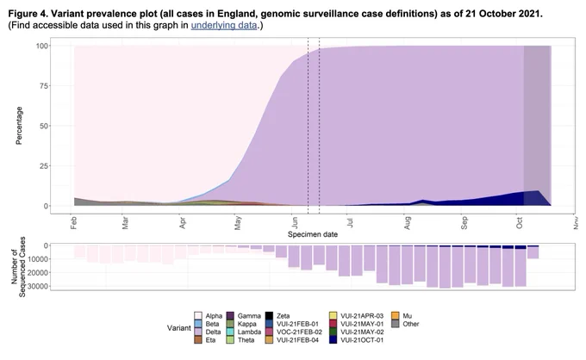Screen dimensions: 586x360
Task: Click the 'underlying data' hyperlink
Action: coord(224,25)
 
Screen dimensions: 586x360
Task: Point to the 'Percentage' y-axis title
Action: coord(19,126)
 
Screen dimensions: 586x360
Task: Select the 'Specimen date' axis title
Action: coord(313,234)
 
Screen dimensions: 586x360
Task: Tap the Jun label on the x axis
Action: coord(295,223)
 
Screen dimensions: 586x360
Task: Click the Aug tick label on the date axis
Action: coord(408,223)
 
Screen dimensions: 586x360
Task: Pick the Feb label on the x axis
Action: coord(73,223)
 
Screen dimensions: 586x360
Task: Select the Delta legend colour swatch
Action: coord(198,332)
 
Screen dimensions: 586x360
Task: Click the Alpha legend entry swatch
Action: coord(198,316)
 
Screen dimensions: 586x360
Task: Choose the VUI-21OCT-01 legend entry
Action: coord(357,340)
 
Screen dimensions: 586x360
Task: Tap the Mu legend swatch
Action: coord(396,316)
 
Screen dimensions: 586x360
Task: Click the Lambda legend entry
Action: coord(244,332)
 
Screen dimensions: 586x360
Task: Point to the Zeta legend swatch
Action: coord(269,316)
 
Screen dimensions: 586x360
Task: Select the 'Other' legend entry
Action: coord(406,324)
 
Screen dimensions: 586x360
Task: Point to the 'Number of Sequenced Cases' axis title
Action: coord(18,267)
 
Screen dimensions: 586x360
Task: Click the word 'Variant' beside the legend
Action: coord(179,328)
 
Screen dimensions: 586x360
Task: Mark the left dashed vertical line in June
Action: coord(308,126)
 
